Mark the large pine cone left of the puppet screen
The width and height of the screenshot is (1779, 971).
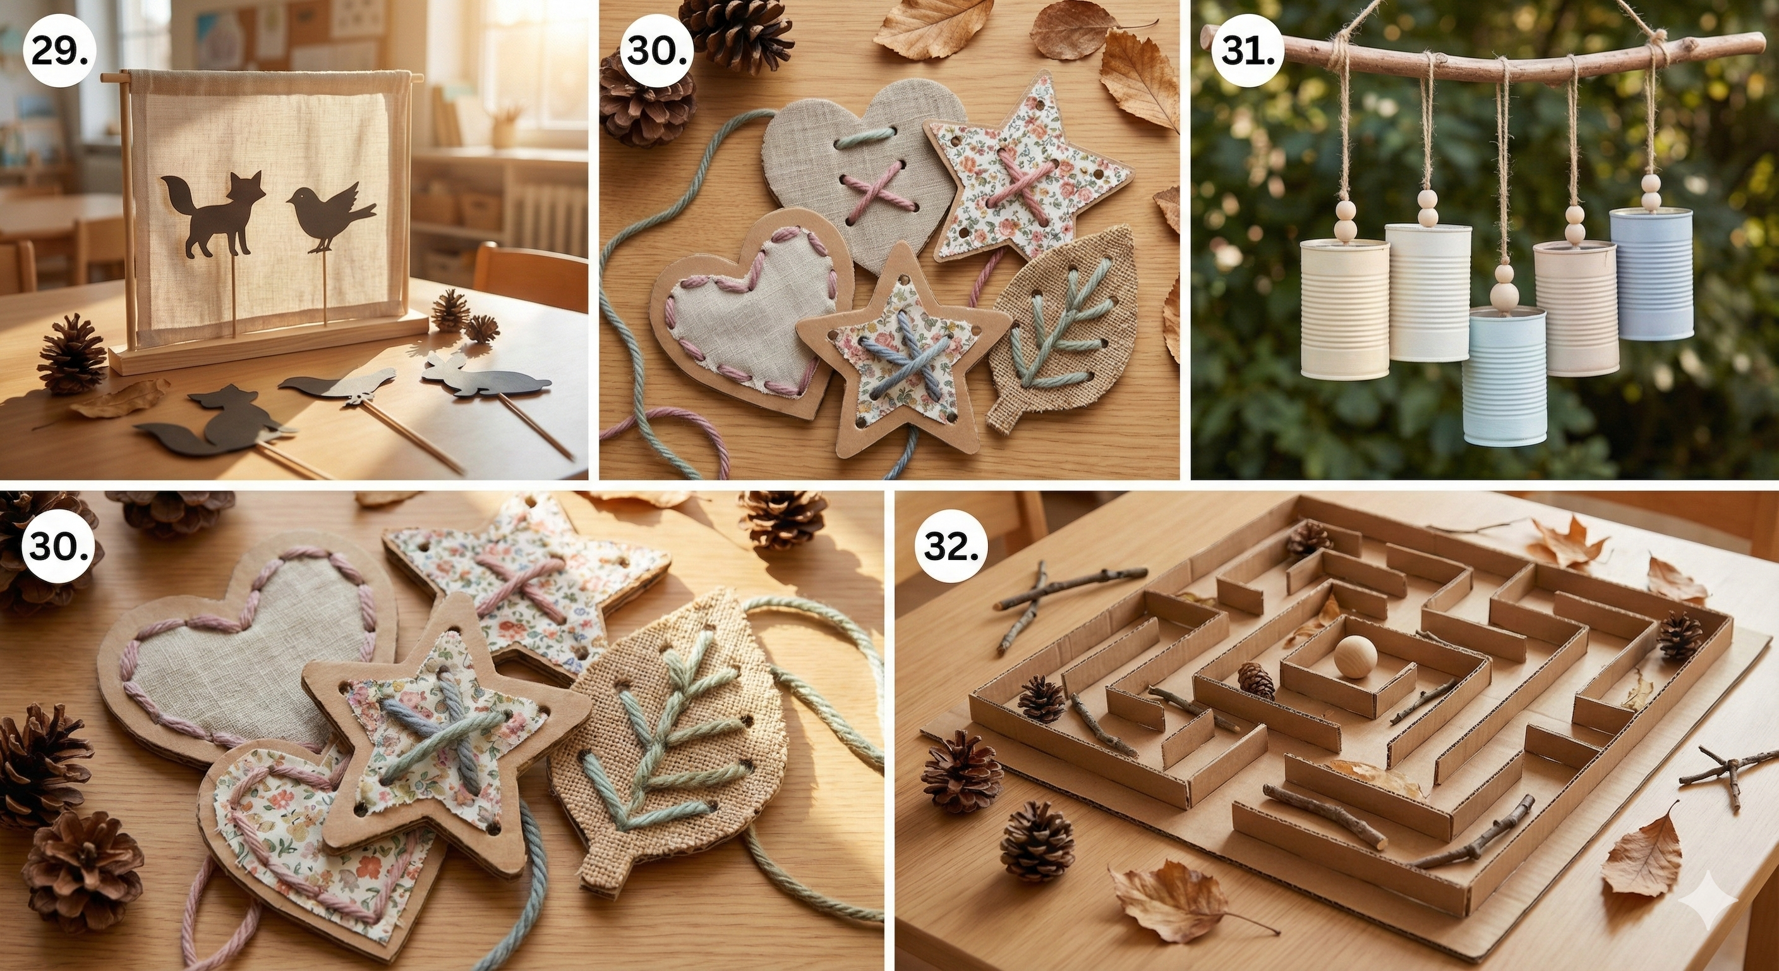(73, 355)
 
